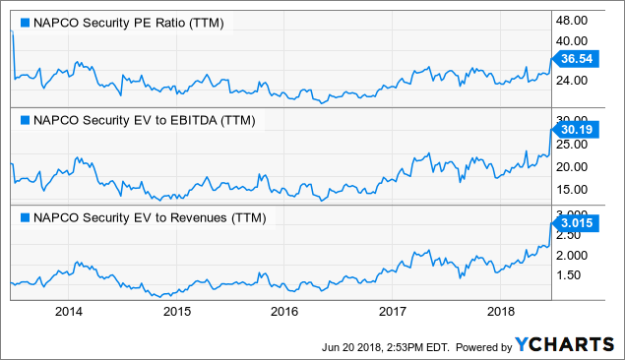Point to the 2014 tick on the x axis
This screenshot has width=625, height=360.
click(69, 312)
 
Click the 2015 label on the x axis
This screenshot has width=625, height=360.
click(176, 312)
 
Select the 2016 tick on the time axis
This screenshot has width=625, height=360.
click(283, 312)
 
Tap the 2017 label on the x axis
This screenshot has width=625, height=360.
click(392, 312)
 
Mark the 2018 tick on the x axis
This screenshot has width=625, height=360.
click(499, 312)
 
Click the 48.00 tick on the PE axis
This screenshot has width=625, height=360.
click(577, 20)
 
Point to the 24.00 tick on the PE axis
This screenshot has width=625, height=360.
click(577, 81)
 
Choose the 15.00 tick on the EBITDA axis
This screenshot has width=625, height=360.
click(577, 189)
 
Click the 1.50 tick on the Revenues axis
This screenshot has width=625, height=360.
click(575, 276)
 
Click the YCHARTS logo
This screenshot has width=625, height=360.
click(564, 345)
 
